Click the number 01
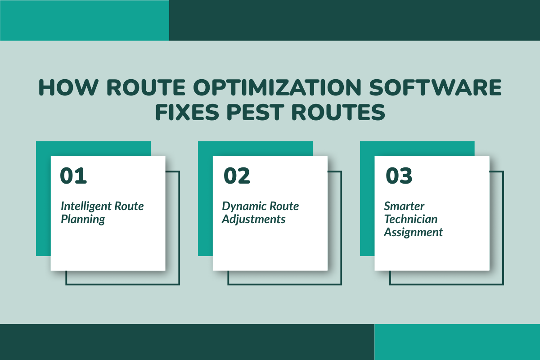73,176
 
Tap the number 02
237,176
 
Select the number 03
399,176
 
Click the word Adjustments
253,220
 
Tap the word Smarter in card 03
404,207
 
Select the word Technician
410,219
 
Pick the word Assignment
413,232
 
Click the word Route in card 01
130,207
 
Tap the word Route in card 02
284,207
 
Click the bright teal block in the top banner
84,20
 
